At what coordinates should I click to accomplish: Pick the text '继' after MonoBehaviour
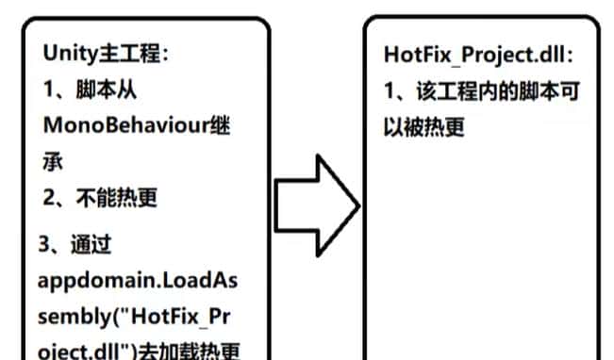coord(221,126)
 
